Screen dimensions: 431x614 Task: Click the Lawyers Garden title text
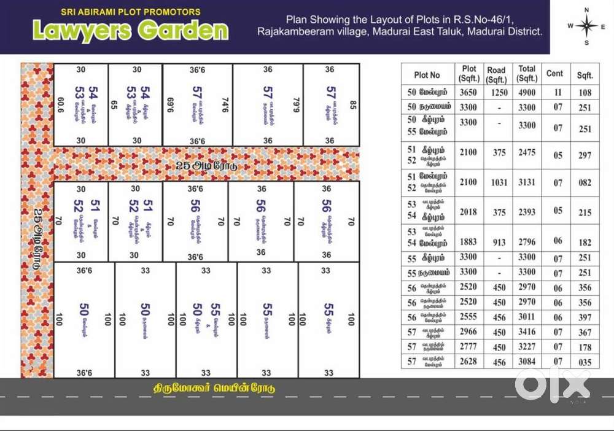click(130, 30)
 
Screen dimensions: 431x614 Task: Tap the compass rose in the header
click(586, 26)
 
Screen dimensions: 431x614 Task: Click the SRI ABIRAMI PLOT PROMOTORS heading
click(130, 11)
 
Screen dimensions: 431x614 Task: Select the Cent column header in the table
click(554, 74)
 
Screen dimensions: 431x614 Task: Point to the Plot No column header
click(427, 75)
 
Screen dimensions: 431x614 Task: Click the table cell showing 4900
click(526, 93)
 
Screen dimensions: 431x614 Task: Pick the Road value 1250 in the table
click(496, 93)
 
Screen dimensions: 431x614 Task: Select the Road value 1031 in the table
click(496, 182)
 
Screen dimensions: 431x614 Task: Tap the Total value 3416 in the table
click(526, 332)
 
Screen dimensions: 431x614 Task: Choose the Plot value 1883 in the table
click(468, 243)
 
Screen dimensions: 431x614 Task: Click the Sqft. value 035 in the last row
click(585, 362)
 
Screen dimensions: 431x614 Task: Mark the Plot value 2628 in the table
click(468, 362)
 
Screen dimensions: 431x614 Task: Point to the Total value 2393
click(526, 212)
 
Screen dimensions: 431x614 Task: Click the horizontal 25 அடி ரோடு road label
click(206, 166)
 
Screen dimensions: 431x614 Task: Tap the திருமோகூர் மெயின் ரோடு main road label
click(214, 388)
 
